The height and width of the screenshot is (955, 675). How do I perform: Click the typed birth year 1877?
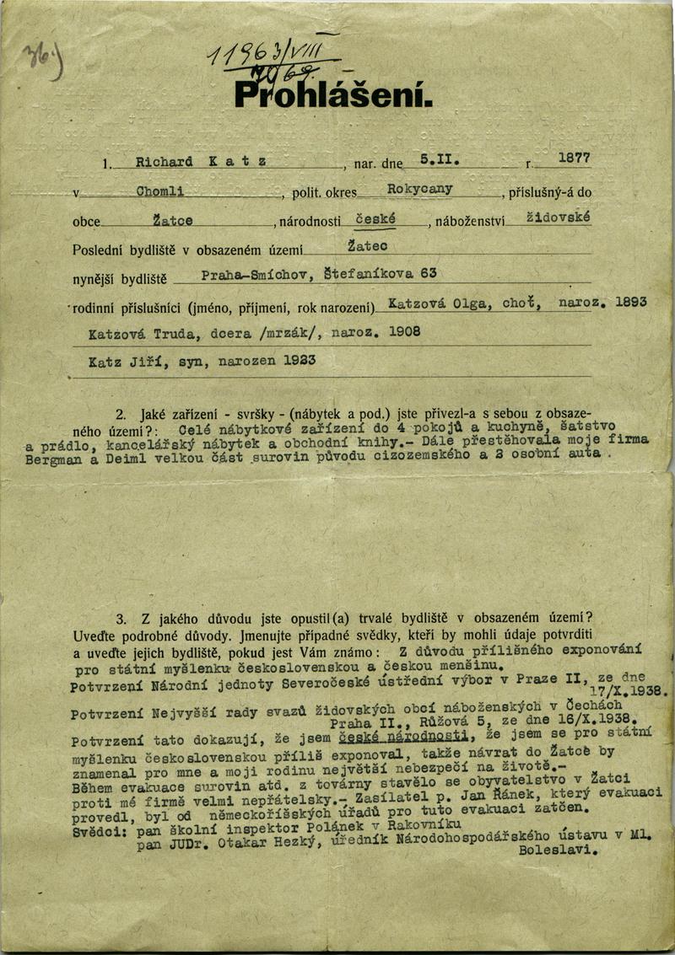tap(574, 158)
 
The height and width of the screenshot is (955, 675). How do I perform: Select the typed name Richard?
tap(164, 162)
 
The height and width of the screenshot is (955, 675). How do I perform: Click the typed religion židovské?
tap(558, 217)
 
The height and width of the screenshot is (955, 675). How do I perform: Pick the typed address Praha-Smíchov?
tap(245, 276)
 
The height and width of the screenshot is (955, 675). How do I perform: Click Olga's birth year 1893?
tap(630, 301)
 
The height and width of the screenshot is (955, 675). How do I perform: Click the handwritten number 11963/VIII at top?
tap(272, 55)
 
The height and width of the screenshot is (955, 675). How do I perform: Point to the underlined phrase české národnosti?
tap(402, 739)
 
